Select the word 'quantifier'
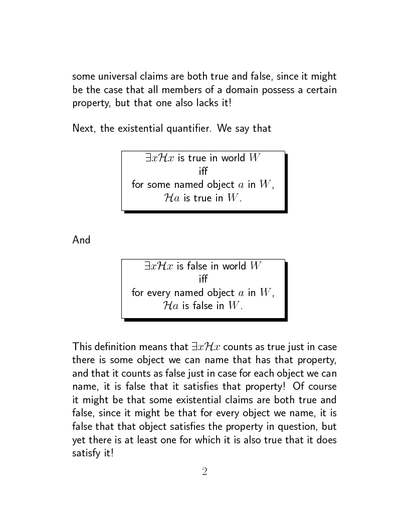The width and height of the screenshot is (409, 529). click(187, 128)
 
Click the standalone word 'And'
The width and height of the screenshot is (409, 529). click(81, 240)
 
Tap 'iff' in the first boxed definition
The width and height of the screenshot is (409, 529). click(203, 171)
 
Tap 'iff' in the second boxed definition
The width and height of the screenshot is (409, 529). click(203, 279)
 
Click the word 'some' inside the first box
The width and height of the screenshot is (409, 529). click(157, 184)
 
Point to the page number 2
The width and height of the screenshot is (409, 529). click(204, 471)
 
